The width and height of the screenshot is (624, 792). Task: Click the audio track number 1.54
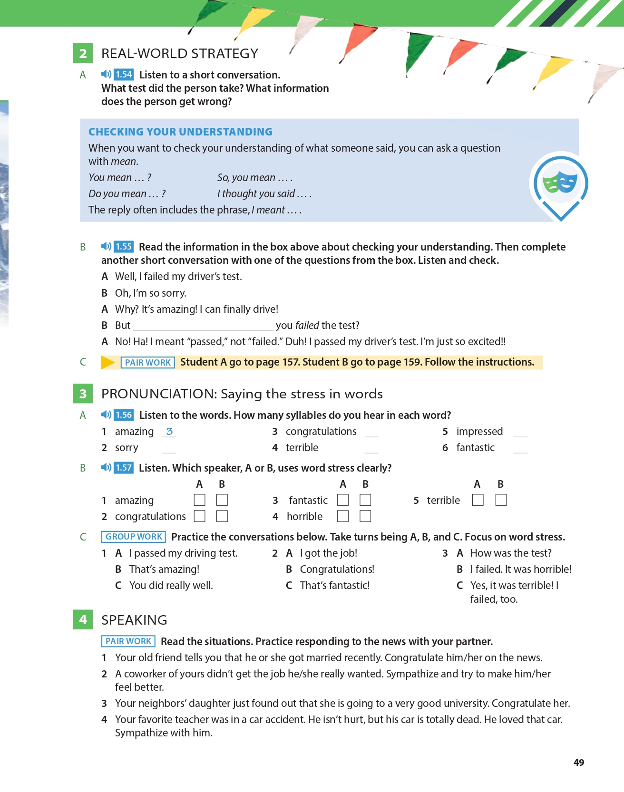[x=124, y=75]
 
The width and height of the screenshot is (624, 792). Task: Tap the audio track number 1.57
[x=124, y=468]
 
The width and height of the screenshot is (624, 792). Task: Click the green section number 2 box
[x=83, y=53]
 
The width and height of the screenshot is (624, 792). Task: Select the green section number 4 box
[x=83, y=620]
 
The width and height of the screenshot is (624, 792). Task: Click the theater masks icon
[x=560, y=183]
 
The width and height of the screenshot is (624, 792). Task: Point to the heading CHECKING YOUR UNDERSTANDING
[x=180, y=132]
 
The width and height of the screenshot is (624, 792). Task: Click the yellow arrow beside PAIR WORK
[x=108, y=362]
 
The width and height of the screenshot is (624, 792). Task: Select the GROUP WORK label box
[x=134, y=537]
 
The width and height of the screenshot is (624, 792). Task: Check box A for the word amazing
[x=200, y=500]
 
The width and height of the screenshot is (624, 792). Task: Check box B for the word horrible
[x=365, y=516]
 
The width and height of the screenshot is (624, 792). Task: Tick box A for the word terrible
[x=478, y=500]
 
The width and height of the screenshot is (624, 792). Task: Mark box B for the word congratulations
[x=222, y=516]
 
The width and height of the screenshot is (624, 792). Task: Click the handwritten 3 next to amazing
[x=169, y=431]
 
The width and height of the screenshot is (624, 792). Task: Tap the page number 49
[x=579, y=763]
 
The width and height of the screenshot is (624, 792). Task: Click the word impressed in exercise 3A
[x=479, y=432]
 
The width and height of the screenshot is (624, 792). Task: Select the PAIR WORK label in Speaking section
[x=128, y=641]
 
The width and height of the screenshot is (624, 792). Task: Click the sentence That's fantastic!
[x=334, y=586]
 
